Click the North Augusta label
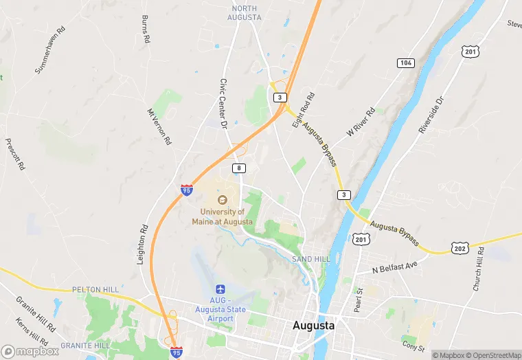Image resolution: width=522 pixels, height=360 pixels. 245,12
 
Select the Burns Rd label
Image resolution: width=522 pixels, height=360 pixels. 146,30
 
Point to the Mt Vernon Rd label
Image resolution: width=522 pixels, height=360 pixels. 159,126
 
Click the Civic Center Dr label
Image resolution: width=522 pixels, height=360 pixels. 223,103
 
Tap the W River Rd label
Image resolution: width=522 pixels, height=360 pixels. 361,120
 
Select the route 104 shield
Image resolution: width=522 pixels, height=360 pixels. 405,63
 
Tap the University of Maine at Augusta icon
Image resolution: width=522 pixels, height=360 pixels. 222,199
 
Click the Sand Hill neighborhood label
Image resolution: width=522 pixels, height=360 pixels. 311,259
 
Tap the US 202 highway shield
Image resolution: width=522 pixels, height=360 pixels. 459,247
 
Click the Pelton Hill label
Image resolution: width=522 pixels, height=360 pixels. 95,290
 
